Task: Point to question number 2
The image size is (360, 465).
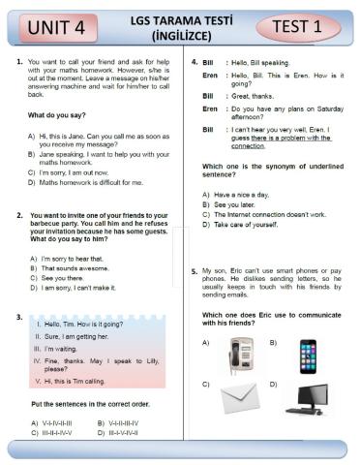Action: (x=19, y=214)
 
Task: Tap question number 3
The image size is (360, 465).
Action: (x=19, y=317)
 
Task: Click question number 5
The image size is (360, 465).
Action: (x=194, y=271)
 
